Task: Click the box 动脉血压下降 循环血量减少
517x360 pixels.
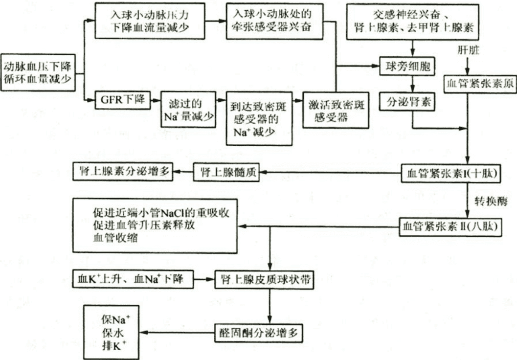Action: coord(39,72)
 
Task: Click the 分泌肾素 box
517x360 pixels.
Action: coord(405,103)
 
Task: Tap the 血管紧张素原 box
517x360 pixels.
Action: coord(479,83)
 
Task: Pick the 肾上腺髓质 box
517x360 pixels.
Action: coord(226,173)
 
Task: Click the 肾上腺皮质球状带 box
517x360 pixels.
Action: coord(266,280)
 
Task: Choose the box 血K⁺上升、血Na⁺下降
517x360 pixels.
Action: coord(132,280)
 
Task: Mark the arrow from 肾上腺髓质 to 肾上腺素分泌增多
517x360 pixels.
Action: coord(184,172)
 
